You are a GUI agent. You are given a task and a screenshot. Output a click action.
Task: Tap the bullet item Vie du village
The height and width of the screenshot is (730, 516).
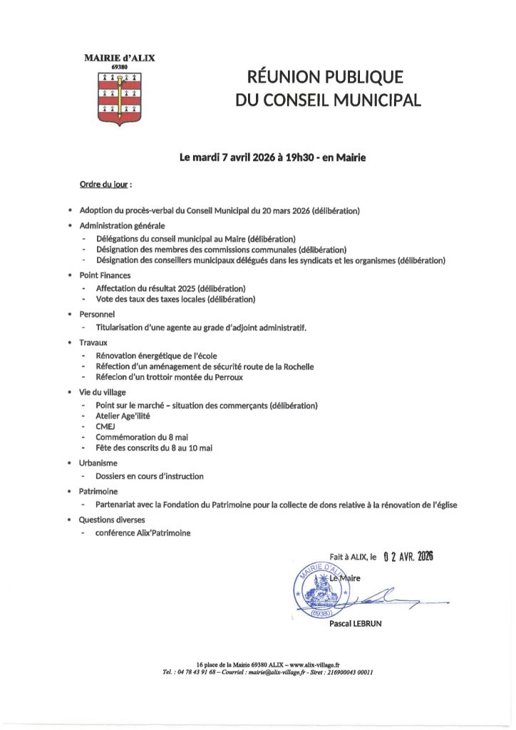point(102,392)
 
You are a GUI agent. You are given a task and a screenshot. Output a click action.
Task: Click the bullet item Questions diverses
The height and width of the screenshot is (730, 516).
point(110,519)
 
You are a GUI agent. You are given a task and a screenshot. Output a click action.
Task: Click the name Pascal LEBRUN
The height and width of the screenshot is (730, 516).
point(357,624)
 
